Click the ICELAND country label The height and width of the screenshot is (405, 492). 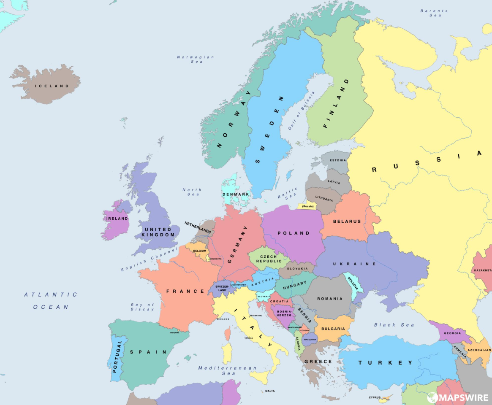coord(52,86)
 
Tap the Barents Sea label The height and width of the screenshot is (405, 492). coord(434,13)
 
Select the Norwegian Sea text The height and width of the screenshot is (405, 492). coord(196,59)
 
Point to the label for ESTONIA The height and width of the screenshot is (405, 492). coord(337,160)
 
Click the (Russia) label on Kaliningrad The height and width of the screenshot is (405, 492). coord(308,206)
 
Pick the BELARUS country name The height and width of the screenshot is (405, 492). coord(347,221)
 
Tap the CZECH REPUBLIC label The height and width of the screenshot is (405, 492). coord(268,259)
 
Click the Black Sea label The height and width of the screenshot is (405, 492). coord(394,325)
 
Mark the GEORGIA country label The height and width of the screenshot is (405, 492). coord(452,333)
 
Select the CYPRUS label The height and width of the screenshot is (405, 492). coord(374,397)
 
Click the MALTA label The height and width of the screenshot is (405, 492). coord(269,391)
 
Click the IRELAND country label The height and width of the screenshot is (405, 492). coord(117,219)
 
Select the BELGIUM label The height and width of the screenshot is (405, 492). coord(199,251)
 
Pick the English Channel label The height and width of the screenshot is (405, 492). coord(144,259)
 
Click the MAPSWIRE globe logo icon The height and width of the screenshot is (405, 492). coord(432,397)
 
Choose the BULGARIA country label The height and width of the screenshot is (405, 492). coord(333,329)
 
